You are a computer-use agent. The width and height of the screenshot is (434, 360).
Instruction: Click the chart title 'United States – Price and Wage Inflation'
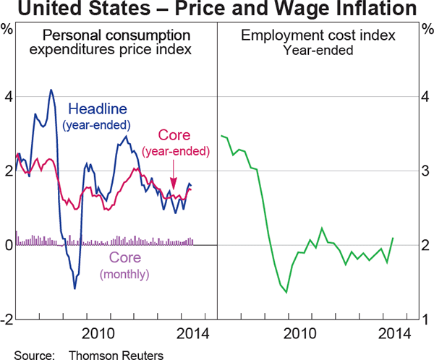pyautogui.click(x=216, y=9)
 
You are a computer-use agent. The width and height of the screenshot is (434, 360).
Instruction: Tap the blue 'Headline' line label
pyautogui.click(x=98, y=109)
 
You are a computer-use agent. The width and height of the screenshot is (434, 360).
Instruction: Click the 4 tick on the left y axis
pyautogui.click(x=7, y=96)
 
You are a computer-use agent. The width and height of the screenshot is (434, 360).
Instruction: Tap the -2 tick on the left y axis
pyautogui.click(x=7, y=320)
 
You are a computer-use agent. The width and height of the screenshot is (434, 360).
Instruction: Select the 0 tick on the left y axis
pyautogui.click(x=7, y=245)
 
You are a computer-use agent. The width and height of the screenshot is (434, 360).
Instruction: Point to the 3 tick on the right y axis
pyautogui.click(x=426, y=171)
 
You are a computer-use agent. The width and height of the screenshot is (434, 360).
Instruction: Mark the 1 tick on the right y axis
pyautogui.click(x=426, y=320)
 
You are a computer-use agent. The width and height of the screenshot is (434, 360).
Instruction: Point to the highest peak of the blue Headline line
pyautogui.click(x=51, y=90)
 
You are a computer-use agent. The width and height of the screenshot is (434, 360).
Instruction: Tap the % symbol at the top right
pyautogui.click(x=426, y=30)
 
